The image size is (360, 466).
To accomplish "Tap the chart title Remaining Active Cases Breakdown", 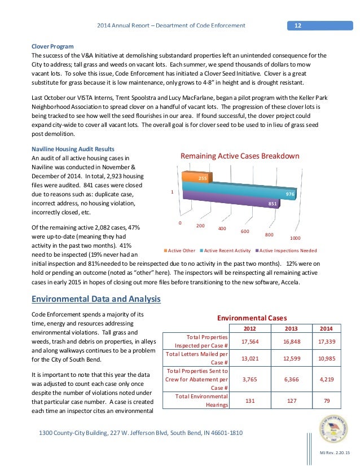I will [239, 156].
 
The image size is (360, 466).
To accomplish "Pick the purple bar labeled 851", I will [231, 202].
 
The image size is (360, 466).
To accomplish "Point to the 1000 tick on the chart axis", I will [295, 238].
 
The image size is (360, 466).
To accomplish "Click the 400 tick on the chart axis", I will [222, 228].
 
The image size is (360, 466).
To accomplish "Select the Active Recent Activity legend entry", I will [226, 250].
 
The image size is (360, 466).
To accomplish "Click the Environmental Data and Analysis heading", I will [95, 298].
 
